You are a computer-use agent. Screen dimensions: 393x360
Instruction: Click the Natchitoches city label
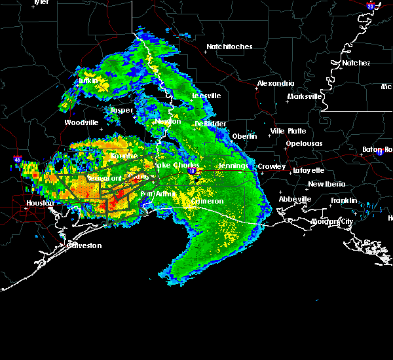click(x=229, y=46)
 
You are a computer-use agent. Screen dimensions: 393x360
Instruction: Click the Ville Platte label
click(x=288, y=131)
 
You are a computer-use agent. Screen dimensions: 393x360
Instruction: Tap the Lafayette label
click(x=309, y=170)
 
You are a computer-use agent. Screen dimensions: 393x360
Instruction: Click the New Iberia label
click(x=325, y=184)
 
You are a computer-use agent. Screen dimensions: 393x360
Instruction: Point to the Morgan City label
click(x=331, y=221)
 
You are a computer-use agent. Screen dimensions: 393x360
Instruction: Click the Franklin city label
click(x=344, y=200)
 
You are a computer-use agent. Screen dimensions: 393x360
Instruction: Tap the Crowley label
click(x=271, y=166)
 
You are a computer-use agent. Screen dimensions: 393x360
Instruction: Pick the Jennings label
click(x=233, y=166)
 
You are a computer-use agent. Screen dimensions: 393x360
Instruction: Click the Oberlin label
click(x=244, y=135)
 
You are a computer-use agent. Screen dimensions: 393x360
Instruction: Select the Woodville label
click(x=81, y=122)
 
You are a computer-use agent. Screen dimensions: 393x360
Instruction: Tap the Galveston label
click(x=85, y=245)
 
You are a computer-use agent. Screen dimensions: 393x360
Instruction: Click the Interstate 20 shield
click(x=370, y=6)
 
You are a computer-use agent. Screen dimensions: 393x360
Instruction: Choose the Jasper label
click(x=122, y=110)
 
